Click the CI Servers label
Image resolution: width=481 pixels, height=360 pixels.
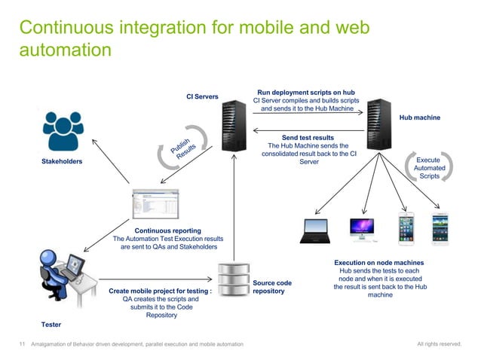tap(203, 96)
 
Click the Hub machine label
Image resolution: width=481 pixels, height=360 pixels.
tap(420, 118)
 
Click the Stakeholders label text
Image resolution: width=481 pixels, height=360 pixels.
tap(62, 162)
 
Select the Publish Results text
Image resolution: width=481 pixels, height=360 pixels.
tap(182, 148)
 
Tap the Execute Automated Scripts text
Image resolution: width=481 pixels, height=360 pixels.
tap(429, 168)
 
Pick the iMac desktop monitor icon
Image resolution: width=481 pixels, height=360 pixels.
tap(362, 230)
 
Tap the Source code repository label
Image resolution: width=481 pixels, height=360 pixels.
tap(272, 287)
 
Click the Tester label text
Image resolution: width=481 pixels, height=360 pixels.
tap(51, 324)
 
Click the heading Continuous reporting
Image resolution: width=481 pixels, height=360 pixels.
tap(167, 230)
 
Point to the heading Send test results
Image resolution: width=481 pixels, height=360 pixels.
tap(308, 138)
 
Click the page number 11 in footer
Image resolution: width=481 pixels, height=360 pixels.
tap(22, 344)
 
